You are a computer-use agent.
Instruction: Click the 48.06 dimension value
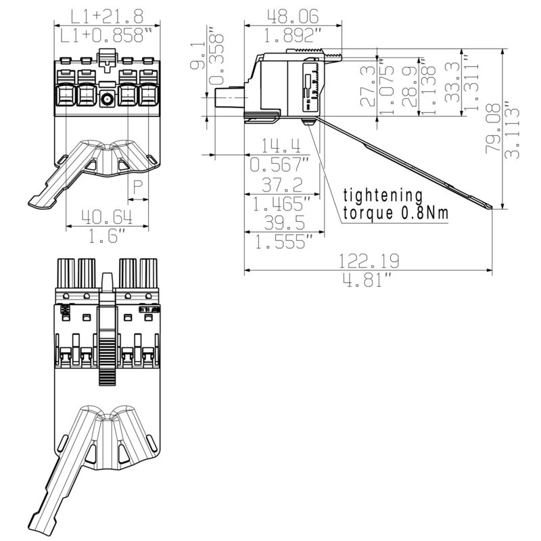pyautogui.click(x=293, y=16)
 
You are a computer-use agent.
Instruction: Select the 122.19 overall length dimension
pyautogui.click(x=369, y=261)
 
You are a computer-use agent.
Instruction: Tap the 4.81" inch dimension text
pyautogui.click(x=367, y=280)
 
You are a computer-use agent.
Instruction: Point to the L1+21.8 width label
pyautogui.click(x=107, y=16)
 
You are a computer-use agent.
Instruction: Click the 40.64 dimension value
pyautogui.click(x=107, y=217)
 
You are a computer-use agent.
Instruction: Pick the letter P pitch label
pyautogui.click(x=138, y=188)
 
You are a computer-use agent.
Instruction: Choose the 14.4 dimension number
pyautogui.click(x=281, y=145)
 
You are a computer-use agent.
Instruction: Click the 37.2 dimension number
pyautogui.click(x=282, y=185)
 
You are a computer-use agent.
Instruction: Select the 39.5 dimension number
pyautogui.click(x=285, y=222)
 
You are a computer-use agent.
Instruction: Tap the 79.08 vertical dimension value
pyautogui.click(x=493, y=128)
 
